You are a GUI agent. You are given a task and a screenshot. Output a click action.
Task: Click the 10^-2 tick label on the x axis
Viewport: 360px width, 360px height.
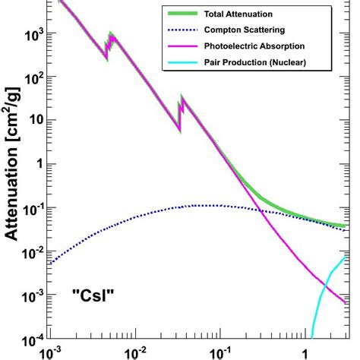pyautogui.click(x=135, y=352)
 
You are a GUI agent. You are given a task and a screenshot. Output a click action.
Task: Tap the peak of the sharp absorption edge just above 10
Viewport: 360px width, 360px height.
pyautogui.click(x=182, y=98)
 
